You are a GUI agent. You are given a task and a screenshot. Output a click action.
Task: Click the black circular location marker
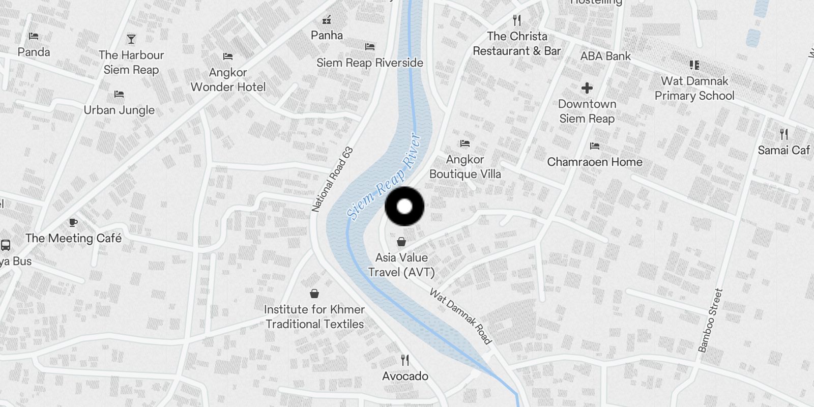[404, 207]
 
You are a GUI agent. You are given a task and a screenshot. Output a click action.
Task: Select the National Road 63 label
[332, 180]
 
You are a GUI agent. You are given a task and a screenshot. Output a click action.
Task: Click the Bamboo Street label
[710, 321]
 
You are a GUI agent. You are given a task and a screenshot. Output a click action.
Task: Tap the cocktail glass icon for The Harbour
[131, 39]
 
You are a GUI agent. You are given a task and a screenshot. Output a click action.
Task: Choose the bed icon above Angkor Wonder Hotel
[228, 56]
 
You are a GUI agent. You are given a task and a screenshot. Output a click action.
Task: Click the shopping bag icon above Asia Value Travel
[401, 242]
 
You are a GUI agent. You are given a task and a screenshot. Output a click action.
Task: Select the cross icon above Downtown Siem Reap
[587, 88]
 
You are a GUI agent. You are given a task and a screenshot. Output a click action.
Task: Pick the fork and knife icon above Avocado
[405, 360]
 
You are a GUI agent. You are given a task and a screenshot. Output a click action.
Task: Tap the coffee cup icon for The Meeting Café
[73, 222]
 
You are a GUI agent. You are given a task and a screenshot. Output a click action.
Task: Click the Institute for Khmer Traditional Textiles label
[314, 316]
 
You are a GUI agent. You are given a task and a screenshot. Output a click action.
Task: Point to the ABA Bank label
[605, 56]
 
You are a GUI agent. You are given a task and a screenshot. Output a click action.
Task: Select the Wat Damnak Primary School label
[694, 88]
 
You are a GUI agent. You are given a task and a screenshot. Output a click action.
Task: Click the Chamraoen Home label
[595, 162]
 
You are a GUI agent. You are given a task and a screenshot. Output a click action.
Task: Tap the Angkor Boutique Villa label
[465, 166]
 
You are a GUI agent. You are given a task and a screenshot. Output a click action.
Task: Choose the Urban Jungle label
[119, 110]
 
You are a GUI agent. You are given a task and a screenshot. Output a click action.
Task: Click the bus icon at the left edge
[6, 245]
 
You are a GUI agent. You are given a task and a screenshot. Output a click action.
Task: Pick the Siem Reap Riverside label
[370, 63]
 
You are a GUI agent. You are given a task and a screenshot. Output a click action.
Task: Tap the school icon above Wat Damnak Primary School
[694, 65]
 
